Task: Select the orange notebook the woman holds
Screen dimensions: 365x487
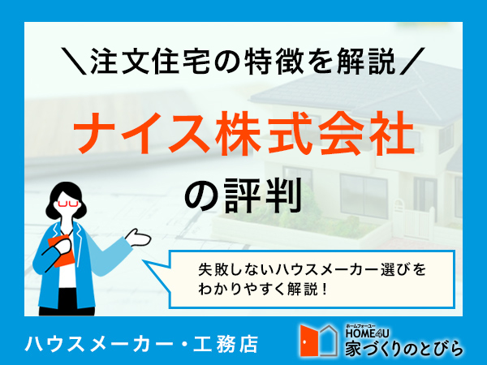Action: [x=59, y=247]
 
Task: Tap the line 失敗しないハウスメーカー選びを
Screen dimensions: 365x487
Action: [x=311, y=268]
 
